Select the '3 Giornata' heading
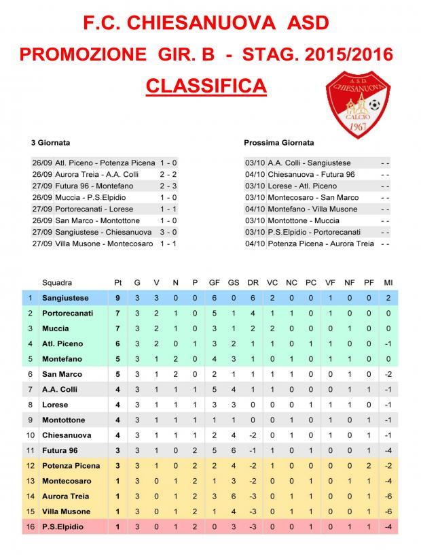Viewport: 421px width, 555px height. point(50,144)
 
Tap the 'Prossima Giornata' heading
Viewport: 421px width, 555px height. point(278,144)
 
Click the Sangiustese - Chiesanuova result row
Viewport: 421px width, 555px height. point(105,232)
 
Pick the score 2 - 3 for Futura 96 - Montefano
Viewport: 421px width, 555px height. point(168,186)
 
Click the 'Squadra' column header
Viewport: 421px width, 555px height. point(57,282)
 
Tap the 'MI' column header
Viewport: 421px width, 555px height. point(388,282)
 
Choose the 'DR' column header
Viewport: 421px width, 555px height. point(252,282)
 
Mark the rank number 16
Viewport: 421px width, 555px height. point(30,526)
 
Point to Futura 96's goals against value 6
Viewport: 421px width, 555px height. point(233,450)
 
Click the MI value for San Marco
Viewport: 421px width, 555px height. point(388,374)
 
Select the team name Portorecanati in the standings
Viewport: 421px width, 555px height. point(68,313)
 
